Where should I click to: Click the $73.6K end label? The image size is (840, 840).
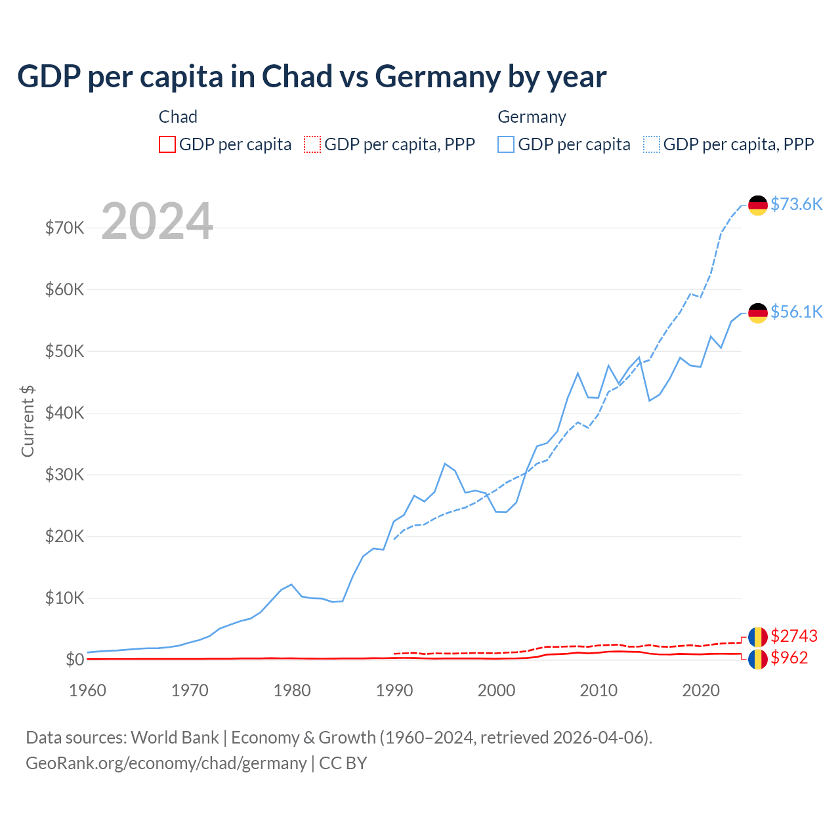coord(796,204)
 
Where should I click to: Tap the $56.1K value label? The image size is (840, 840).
coord(796,312)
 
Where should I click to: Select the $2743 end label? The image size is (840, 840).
coord(794,636)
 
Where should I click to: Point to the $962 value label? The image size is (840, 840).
coord(789,658)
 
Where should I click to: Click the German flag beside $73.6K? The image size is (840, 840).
coord(758,205)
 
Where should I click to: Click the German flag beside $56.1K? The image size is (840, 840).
coord(758,313)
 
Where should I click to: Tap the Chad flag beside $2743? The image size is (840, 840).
coord(758,637)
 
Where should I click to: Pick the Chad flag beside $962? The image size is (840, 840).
coord(758,659)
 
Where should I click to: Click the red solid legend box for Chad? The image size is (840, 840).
coord(167,144)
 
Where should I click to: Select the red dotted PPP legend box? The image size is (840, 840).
coord(312,144)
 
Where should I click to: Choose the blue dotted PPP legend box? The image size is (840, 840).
coord(652,144)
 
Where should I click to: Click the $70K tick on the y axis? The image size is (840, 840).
coord(64,228)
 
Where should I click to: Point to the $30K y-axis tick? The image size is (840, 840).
coord(64,474)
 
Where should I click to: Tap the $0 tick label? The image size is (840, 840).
coord(75,660)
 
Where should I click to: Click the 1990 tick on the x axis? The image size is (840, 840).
coord(394,690)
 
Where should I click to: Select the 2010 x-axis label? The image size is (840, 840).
coord(598,690)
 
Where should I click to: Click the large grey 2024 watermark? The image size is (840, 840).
coord(157,221)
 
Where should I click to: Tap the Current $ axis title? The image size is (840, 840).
coord(28,421)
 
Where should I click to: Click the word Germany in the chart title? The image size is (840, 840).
coord(436,77)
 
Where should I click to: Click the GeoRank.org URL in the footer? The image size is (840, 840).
coord(166,763)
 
